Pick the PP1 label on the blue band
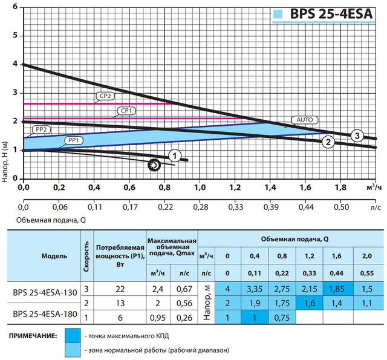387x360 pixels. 75,140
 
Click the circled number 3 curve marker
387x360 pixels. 357,135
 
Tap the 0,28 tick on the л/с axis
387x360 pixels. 200,207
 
